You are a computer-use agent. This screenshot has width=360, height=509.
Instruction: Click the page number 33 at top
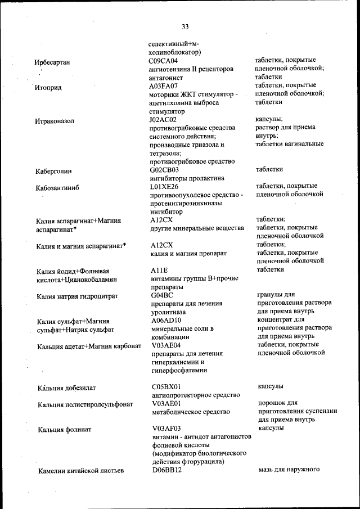point(185,26)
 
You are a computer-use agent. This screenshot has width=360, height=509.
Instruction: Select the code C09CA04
point(163,61)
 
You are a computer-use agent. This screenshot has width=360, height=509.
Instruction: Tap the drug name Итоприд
point(48,88)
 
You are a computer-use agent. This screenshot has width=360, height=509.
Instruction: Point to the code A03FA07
point(163,86)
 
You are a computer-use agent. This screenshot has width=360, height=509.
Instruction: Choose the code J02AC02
point(163,120)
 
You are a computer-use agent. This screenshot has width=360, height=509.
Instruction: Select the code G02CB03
point(164,169)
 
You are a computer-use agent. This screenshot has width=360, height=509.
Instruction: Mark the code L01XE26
point(164,186)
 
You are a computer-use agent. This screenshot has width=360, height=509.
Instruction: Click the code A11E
point(161,270)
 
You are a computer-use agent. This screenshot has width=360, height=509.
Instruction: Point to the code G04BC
point(163,295)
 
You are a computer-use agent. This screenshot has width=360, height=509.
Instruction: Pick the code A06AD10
point(165,320)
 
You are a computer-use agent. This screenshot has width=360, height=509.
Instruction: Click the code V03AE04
point(166,345)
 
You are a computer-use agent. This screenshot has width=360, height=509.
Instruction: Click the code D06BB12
point(166,470)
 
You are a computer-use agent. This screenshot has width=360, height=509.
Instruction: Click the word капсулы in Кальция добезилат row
point(271,387)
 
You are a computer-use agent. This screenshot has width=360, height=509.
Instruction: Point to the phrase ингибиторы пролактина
point(178,178)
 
